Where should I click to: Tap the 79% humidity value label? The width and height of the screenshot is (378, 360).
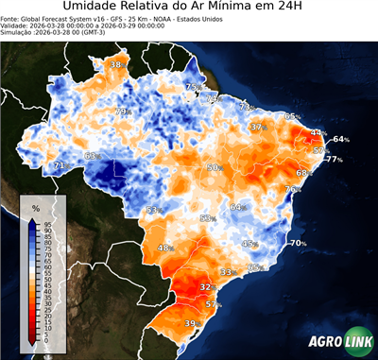(x=121, y=111)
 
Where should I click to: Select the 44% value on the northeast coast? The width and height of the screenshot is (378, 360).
(x=318, y=134)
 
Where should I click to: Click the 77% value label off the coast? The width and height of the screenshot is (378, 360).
(x=335, y=160)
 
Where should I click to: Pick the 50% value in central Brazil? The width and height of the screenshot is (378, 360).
(x=215, y=167)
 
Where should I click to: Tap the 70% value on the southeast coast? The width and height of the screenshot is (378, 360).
(x=298, y=243)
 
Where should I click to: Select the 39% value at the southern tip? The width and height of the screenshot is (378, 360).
(x=191, y=324)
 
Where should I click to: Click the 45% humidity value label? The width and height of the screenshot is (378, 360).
(x=249, y=244)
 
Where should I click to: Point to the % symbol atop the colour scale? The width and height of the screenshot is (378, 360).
(x=35, y=207)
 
